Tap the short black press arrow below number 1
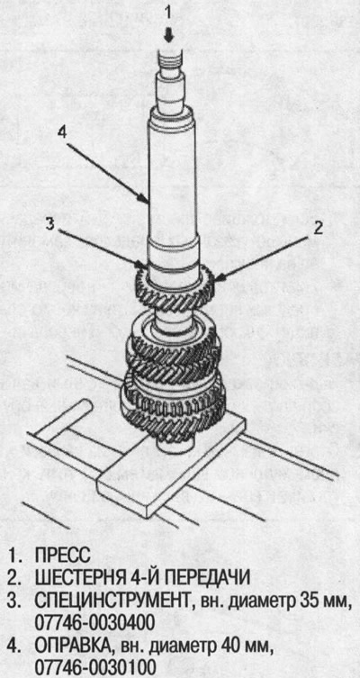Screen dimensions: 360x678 (169, 37)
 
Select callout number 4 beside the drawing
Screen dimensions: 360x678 (63, 131)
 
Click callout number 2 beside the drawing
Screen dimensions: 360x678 (319, 228)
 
